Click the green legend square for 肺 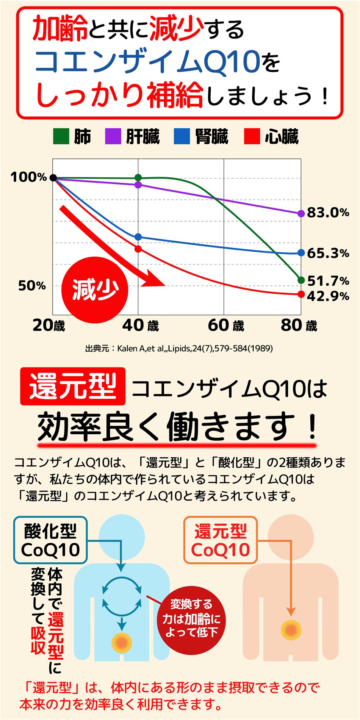pos(61,136)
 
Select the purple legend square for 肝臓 pos(113,136)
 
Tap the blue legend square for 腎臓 pos(182,136)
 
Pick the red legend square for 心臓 pos(252,136)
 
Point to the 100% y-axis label pos(28,177)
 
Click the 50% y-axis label pos(32,286)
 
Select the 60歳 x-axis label pos(226,326)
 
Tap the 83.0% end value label pos(328,213)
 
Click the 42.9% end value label pos(328,296)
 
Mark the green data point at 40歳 pos(138,178)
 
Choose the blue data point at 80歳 pos(301,253)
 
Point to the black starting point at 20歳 pos(53,178)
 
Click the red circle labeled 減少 pos(95,290)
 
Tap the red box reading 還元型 pos(73,386)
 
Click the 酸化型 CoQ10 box pos(50,540)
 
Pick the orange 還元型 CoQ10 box pos(221,540)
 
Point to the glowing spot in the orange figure pos(291,630)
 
